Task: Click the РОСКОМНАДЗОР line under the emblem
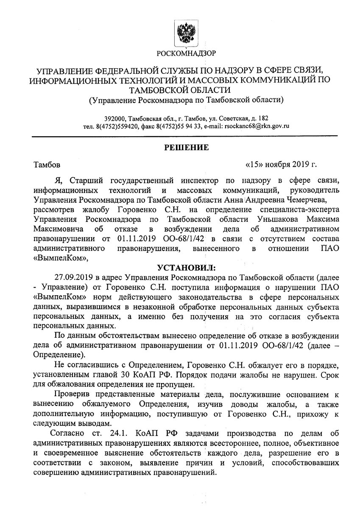click(186, 53)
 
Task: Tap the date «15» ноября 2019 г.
click(281, 164)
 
